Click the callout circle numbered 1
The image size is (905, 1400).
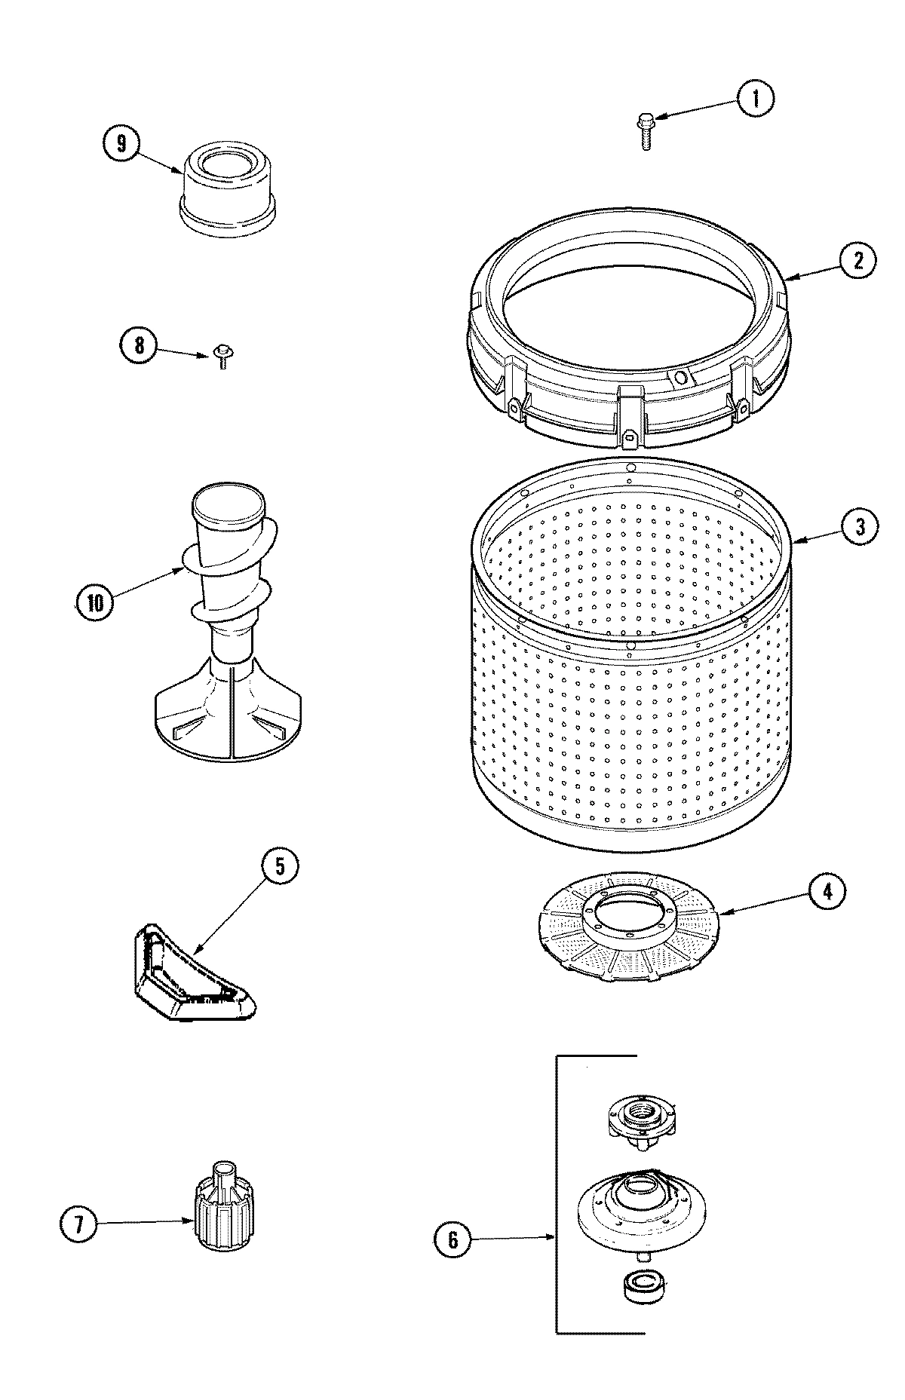click(x=755, y=99)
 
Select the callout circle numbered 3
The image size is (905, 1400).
click(x=859, y=527)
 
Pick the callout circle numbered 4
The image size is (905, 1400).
click(x=827, y=892)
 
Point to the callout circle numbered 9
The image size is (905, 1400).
click(x=122, y=142)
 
